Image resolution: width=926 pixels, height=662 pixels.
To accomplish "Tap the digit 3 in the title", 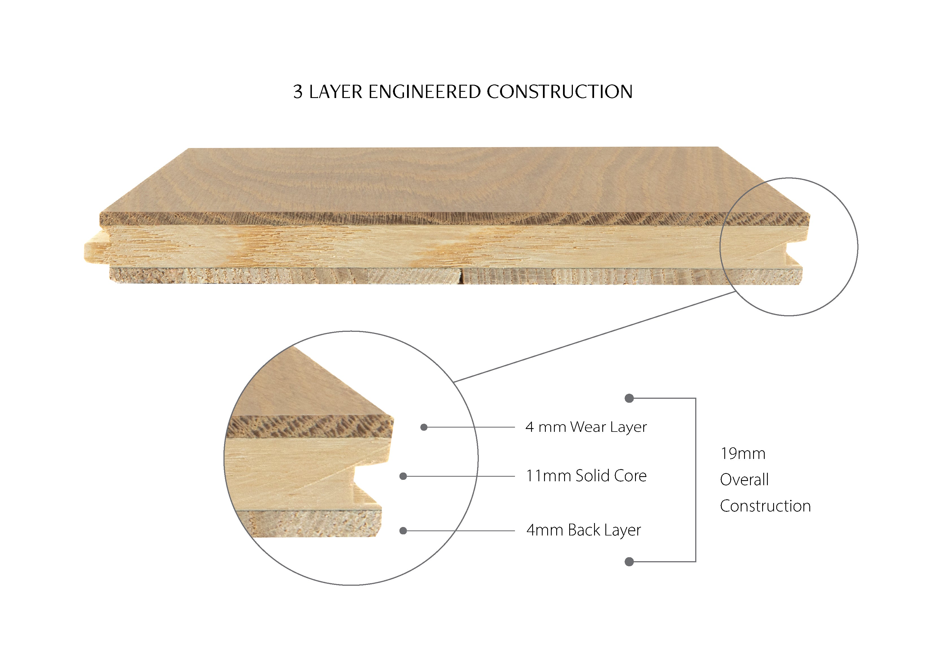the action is tap(298, 92).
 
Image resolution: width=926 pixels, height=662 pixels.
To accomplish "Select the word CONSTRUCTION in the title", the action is tap(559, 92).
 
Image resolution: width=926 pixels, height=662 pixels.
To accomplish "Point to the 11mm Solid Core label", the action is tap(586, 476).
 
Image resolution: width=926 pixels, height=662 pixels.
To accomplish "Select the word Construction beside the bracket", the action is tap(765, 506).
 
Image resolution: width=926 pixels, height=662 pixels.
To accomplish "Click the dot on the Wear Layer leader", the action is tap(424, 427).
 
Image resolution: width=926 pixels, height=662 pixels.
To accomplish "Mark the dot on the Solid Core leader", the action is tap(403, 476).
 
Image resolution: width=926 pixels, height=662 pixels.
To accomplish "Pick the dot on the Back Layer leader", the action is tap(403, 531).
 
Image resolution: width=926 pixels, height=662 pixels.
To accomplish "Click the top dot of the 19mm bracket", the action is tap(629, 398).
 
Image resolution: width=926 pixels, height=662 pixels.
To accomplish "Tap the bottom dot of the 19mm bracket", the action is tap(629, 562).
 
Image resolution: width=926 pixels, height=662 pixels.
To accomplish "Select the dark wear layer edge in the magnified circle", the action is tap(310, 427).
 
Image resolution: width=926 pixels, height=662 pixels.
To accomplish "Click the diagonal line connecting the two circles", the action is tap(595, 337).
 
